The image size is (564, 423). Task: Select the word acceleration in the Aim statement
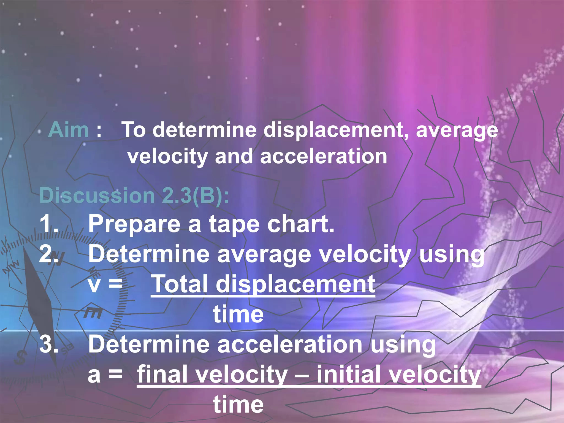coord(323,156)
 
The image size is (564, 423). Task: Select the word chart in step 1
coord(300,224)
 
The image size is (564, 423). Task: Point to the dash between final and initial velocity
coord(302,375)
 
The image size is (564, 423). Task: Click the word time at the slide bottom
coord(238,404)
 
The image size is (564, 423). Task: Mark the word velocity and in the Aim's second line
coord(190,156)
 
